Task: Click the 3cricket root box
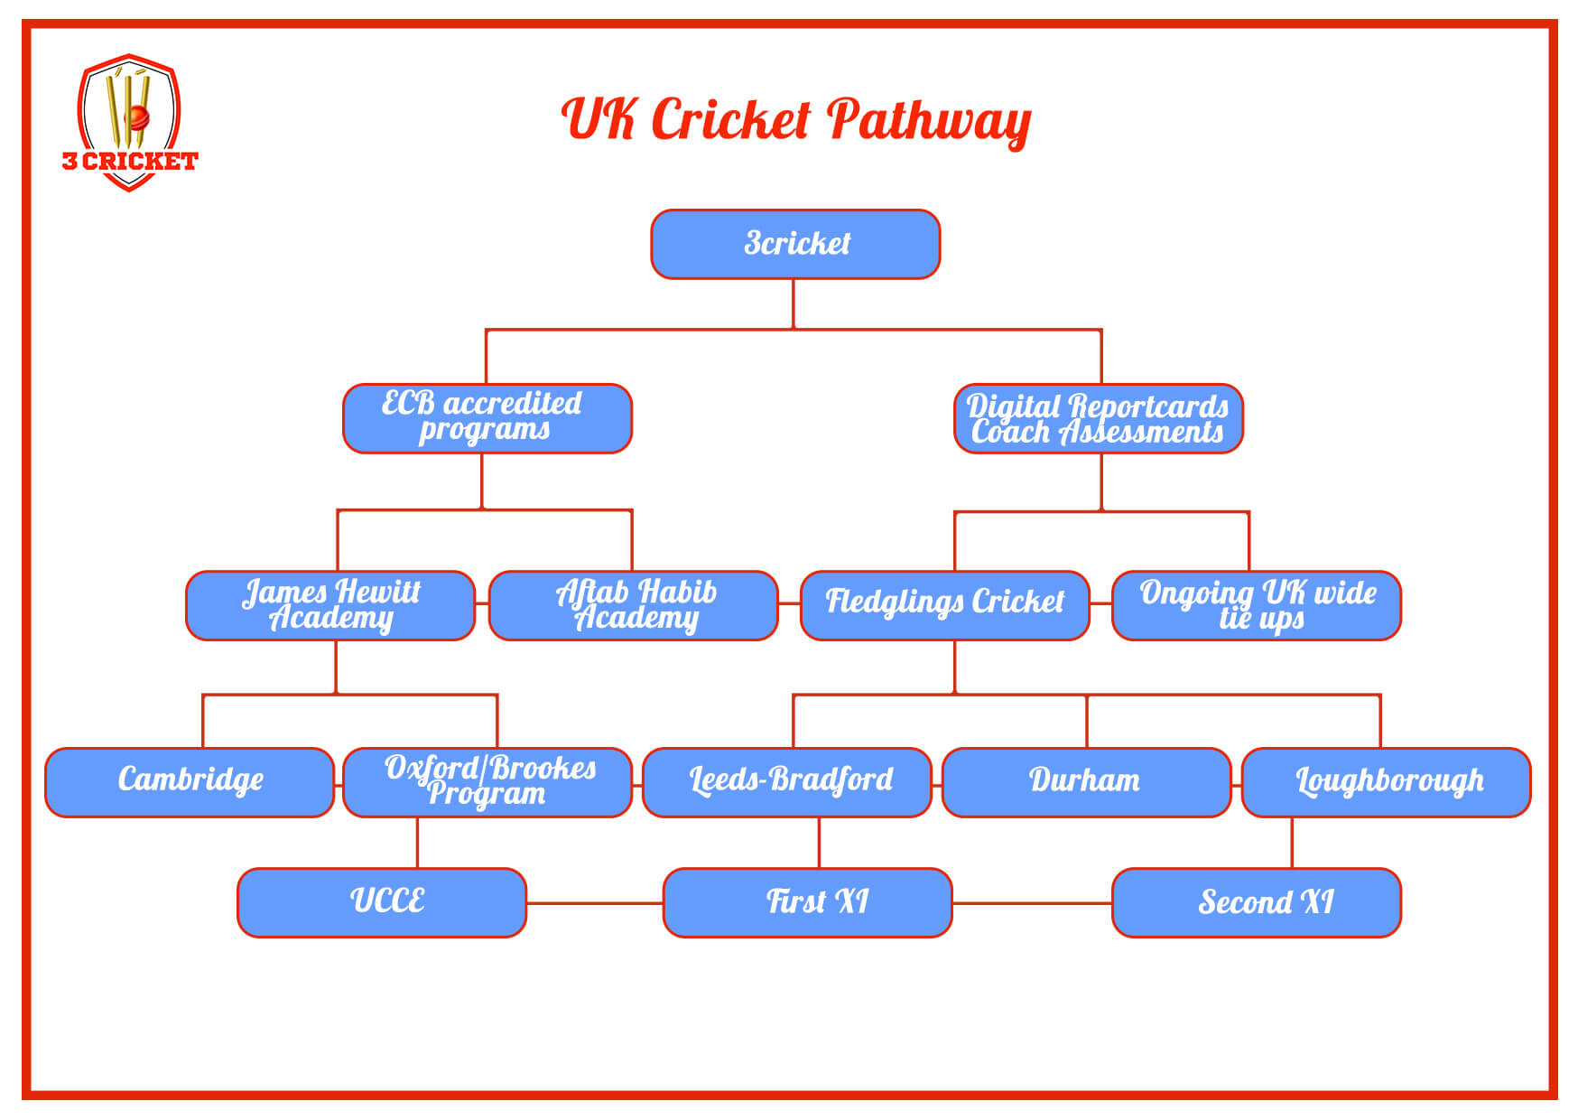tap(795, 244)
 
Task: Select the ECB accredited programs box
tap(487, 418)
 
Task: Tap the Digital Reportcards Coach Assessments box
tap(1099, 418)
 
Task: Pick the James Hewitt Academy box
tap(330, 605)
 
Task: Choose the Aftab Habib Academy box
tap(634, 605)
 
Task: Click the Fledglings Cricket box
tap(944, 605)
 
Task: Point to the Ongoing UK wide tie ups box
tap(1257, 605)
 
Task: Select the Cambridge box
tap(190, 782)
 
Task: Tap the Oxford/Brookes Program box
tap(487, 782)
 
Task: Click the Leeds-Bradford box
tap(787, 782)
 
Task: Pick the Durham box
tap(1086, 782)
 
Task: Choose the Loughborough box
tap(1387, 782)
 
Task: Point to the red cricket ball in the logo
tap(136, 117)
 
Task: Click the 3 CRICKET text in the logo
tap(130, 162)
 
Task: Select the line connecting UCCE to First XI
tap(594, 902)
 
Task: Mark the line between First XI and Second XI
tap(1032, 902)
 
